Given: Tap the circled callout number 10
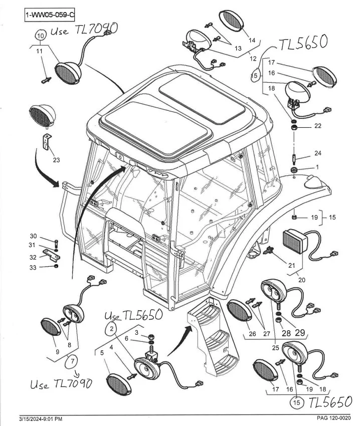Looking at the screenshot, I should [x=42, y=36].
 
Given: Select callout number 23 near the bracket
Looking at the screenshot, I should [x=56, y=160].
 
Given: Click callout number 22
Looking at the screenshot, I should [x=318, y=126].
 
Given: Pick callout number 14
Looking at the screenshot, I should [x=252, y=40].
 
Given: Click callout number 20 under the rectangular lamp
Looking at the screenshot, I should [x=302, y=280].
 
